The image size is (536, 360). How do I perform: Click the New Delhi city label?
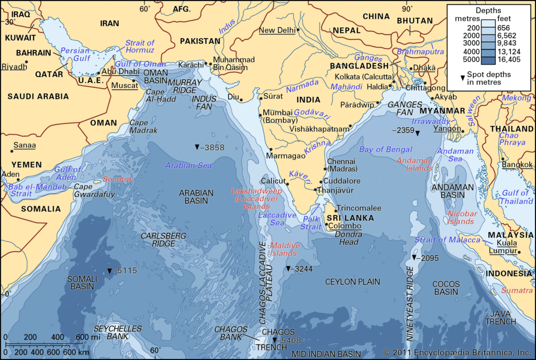coord(277,31)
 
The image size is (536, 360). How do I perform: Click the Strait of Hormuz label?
coord(140,47)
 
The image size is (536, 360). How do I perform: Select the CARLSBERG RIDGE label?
coord(163,240)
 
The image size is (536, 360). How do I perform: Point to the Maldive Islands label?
coord(284,249)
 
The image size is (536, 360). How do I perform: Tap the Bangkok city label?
coord(517,165)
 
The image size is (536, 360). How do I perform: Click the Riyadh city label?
coord(13,67)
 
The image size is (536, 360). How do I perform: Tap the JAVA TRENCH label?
coord(500,317)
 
